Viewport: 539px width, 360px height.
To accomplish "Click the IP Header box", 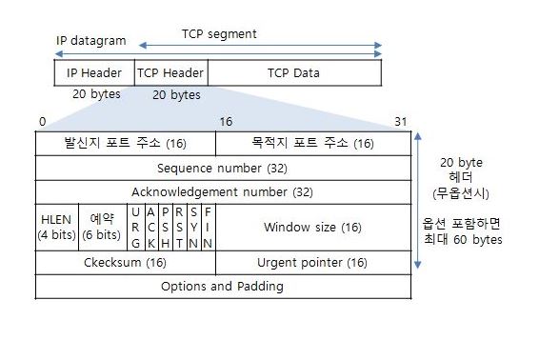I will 94,72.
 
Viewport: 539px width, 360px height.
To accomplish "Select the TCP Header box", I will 170,72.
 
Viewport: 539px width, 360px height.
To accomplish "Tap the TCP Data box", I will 293,72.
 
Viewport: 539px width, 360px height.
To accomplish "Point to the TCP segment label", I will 219,34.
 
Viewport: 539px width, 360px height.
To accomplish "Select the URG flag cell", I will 135,227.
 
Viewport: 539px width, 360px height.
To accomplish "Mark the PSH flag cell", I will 165,227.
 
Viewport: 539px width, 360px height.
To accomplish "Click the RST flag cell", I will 179,227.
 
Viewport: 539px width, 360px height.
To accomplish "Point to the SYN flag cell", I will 193,227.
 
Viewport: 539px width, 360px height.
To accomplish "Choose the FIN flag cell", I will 208,227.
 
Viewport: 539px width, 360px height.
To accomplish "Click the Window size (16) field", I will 312,227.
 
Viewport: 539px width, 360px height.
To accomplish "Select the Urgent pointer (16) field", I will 312,263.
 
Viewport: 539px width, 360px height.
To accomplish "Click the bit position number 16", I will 226,122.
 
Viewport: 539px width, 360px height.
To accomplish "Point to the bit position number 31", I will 400,122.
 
